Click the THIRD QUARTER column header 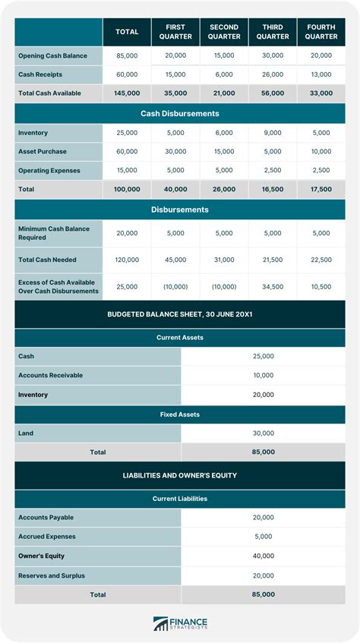273,32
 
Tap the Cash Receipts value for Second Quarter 224,74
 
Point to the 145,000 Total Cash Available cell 127,93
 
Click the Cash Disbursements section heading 180,114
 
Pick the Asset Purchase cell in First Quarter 175,151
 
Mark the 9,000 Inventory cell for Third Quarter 273,133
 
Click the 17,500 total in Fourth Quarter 321,188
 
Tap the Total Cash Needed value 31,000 224,260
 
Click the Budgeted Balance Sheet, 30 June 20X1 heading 180,314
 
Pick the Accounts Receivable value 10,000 263,375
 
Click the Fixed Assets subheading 180,414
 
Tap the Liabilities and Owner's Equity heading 180,475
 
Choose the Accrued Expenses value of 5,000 263,537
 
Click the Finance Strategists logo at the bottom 180,623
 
